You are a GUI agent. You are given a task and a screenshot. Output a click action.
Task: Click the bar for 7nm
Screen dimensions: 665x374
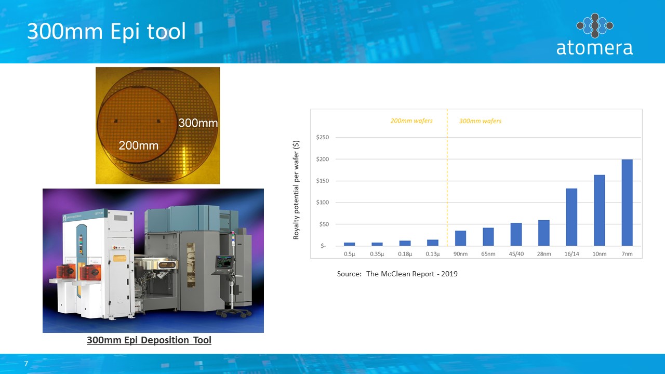627,203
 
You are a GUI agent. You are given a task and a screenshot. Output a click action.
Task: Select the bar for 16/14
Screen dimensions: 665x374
571,217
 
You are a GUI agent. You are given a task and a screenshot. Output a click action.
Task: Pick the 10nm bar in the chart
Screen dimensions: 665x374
600,210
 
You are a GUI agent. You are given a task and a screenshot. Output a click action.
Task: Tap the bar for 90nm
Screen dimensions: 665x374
460,238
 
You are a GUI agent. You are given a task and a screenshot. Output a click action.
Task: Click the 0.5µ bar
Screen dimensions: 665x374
350,244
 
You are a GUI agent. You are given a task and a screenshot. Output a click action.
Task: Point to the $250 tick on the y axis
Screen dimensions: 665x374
323,138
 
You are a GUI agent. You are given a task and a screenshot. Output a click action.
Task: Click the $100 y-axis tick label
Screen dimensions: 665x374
323,203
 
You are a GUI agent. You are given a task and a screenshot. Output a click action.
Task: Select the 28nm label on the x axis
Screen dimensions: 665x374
544,254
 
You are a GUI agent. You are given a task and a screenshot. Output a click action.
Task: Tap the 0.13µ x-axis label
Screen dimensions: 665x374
433,254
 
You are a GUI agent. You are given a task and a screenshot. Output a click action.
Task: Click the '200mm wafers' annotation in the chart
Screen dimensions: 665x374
411,121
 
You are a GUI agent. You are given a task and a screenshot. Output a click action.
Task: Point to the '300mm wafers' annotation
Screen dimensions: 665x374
481,121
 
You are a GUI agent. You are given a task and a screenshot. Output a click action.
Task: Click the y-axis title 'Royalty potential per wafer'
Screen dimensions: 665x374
296,190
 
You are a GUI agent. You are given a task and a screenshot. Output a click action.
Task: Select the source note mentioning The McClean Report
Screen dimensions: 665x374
397,274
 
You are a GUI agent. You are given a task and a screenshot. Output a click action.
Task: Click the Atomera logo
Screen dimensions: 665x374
595,34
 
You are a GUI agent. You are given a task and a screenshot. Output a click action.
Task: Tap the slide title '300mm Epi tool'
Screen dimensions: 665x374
107,31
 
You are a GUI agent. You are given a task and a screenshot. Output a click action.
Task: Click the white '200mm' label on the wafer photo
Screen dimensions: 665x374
139,145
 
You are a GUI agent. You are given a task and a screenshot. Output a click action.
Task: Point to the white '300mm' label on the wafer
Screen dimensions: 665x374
198,123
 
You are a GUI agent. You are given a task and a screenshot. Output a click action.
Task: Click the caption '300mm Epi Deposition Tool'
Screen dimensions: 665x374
149,340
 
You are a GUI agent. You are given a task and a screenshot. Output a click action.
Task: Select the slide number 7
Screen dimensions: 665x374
26,364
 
